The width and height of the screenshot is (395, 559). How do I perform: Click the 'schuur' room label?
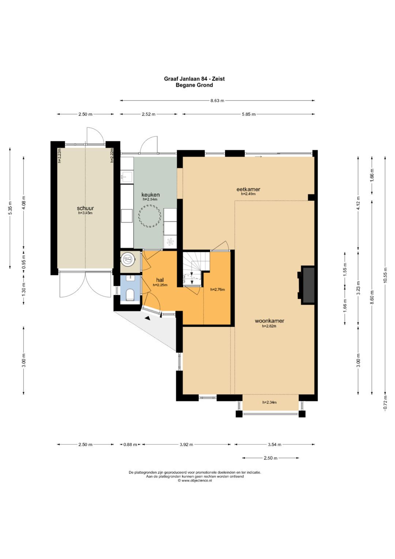[85, 208]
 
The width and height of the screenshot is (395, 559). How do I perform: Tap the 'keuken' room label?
[150, 195]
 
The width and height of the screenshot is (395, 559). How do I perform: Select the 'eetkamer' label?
[248, 189]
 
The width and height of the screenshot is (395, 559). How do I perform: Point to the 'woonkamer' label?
[269, 321]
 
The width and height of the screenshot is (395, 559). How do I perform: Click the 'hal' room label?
[160, 280]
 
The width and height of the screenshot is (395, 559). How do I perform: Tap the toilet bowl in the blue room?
[130, 294]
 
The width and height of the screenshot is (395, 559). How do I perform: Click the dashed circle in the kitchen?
[150, 216]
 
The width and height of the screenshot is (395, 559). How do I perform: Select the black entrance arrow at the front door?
[148, 318]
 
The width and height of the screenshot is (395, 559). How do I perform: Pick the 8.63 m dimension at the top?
[217, 101]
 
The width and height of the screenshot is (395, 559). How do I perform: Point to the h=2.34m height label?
[269, 402]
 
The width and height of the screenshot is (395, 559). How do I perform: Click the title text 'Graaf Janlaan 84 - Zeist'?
[194, 79]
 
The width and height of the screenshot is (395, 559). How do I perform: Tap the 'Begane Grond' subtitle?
[194, 85]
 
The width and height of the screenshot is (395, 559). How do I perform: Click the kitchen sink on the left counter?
[127, 177]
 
